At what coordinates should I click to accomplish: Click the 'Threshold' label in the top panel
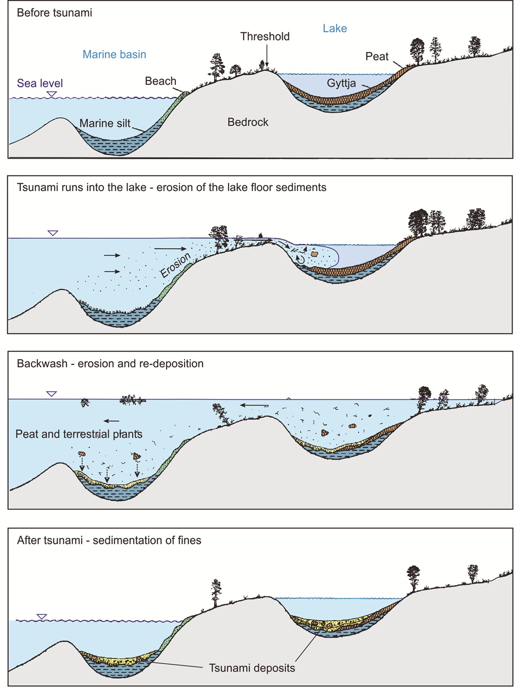pyautogui.click(x=265, y=36)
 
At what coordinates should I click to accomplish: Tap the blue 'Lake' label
pyautogui.click(x=335, y=29)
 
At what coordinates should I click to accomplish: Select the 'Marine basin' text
pyautogui.click(x=114, y=54)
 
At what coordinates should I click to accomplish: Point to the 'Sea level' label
pyautogui.click(x=40, y=83)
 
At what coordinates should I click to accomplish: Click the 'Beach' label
pyautogui.click(x=160, y=81)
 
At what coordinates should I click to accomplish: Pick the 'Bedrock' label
pyautogui.click(x=248, y=122)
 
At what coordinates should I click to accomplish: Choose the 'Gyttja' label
pyautogui.click(x=341, y=83)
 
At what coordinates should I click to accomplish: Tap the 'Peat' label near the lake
pyautogui.click(x=377, y=57)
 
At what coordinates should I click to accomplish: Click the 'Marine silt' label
pyautogui.click(x=105, y=123)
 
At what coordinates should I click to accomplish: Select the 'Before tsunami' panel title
pyautogui.click(x=54, y=13)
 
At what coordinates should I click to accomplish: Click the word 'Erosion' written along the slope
pyautogui.click(x=175, y=265)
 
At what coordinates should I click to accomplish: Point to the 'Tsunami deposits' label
pyautogui.click(x=252, y=668)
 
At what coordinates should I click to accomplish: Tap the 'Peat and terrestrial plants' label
pyautogui.click(x=79, y=434)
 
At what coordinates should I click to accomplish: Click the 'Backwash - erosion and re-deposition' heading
pyautogui.click(x=110, y=364)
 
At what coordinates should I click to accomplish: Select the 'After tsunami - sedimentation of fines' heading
pyautogui.click(x=109, y=540)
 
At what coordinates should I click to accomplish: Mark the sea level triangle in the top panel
pyautogui.click(x=51, y=94)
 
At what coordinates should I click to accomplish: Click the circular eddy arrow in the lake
pyautogui.click(x=300, y=259)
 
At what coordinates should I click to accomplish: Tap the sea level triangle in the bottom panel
pyautogui.click(x=42, y=616)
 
